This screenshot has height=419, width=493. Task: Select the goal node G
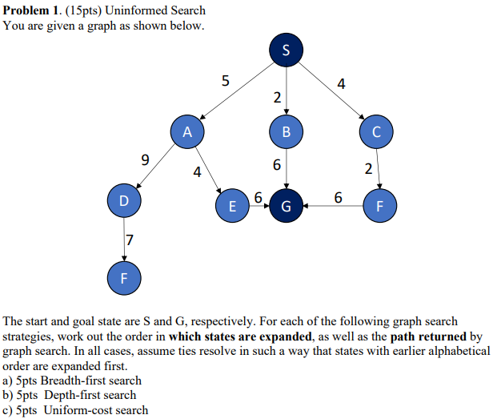(287, 206)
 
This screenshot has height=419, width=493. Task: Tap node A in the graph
(187, 131)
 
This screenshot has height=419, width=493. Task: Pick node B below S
(287, 131)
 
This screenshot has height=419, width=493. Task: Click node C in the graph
(377, 131)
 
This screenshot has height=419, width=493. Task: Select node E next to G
(233, 206)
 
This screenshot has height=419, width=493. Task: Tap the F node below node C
(379, 206)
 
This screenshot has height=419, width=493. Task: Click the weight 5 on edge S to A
(225, 80)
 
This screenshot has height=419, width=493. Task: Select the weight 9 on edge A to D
(145, 159)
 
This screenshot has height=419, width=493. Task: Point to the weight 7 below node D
(130, 239)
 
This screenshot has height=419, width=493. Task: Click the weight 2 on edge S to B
(277, 99)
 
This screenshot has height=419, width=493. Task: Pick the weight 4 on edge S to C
(342, 83)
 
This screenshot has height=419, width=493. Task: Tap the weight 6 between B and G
(277, 165)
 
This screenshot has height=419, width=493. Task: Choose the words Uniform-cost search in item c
(96, 409)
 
